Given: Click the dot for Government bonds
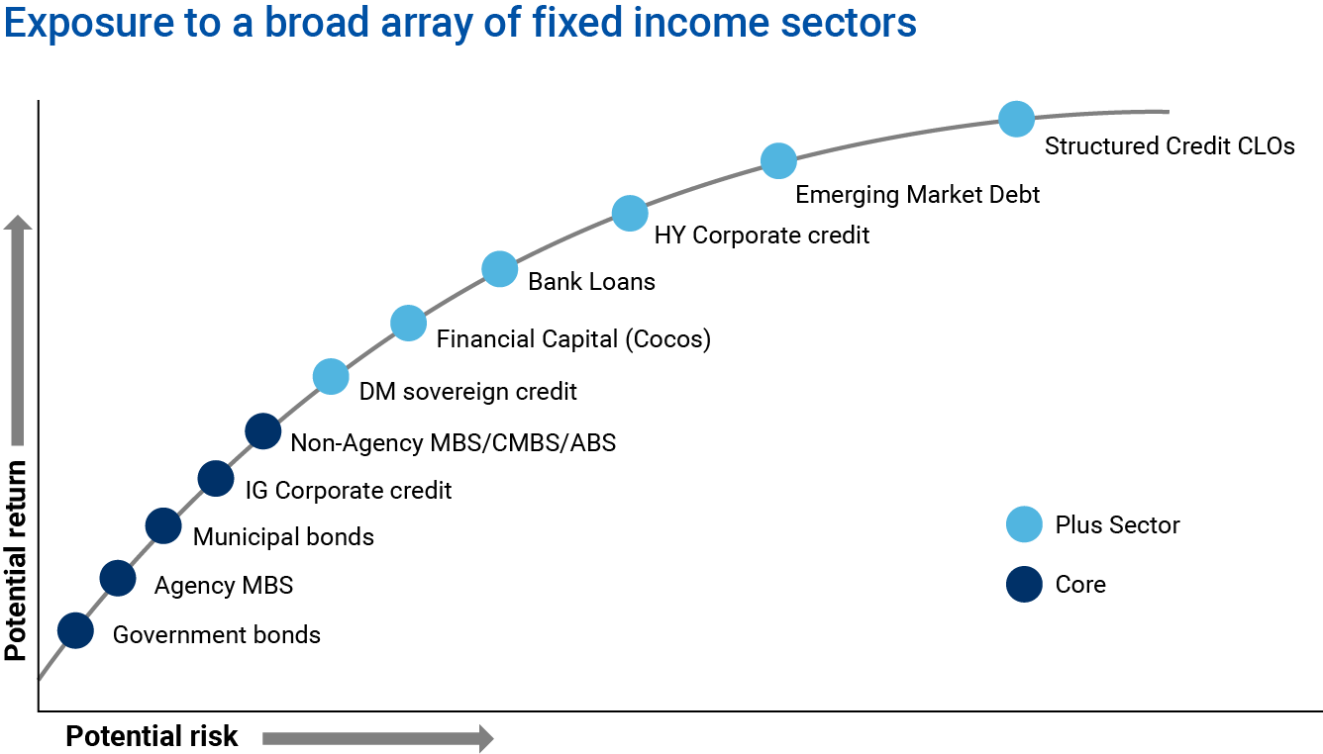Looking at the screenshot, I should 75,630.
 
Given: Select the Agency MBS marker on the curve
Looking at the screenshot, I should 118,577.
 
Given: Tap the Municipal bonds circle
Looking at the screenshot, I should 163,525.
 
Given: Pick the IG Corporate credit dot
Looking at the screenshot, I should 216,478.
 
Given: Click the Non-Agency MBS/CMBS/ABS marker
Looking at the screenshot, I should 262,430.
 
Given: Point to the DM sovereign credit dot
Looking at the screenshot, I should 331,376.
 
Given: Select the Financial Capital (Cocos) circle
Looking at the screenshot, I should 408,323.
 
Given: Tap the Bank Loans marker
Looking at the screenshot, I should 499,268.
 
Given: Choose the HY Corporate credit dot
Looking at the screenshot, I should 630,213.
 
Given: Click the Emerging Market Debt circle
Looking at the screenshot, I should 778,160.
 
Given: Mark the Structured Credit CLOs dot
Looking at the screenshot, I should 1016,119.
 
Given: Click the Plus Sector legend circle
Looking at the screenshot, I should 1024,524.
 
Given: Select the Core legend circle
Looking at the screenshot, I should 1024,584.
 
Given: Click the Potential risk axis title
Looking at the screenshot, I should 152,736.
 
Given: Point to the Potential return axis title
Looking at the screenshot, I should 16,560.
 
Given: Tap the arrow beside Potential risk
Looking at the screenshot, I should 377,737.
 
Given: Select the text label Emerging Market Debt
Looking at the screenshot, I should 917,195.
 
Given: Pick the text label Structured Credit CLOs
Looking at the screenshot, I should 1170,146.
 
